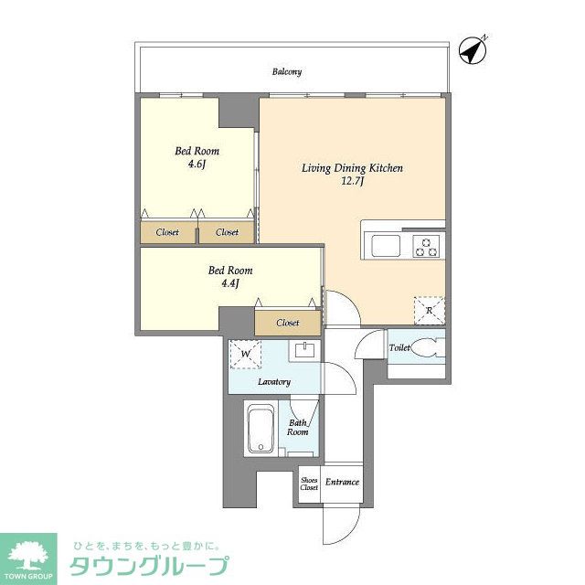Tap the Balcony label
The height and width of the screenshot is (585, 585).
[286, 71]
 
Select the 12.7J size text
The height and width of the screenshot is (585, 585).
[353, 181]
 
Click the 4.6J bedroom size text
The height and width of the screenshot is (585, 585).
[197, 165]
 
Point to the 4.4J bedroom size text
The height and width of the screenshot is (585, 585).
[229, 284]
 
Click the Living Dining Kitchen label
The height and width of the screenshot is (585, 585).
[353, 168]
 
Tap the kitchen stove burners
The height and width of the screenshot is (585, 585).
[426, 245]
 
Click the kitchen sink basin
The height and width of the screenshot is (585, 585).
[384, 245]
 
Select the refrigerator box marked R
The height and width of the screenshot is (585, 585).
[428, 311]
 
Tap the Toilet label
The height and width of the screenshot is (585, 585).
[399, 348]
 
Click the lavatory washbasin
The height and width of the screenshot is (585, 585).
[303, 351]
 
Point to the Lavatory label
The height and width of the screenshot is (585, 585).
[273, 381]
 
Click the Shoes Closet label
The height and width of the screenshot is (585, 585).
[309, 484]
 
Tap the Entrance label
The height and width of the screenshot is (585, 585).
[342, 483]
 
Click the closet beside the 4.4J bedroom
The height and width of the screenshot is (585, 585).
[288, 323]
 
